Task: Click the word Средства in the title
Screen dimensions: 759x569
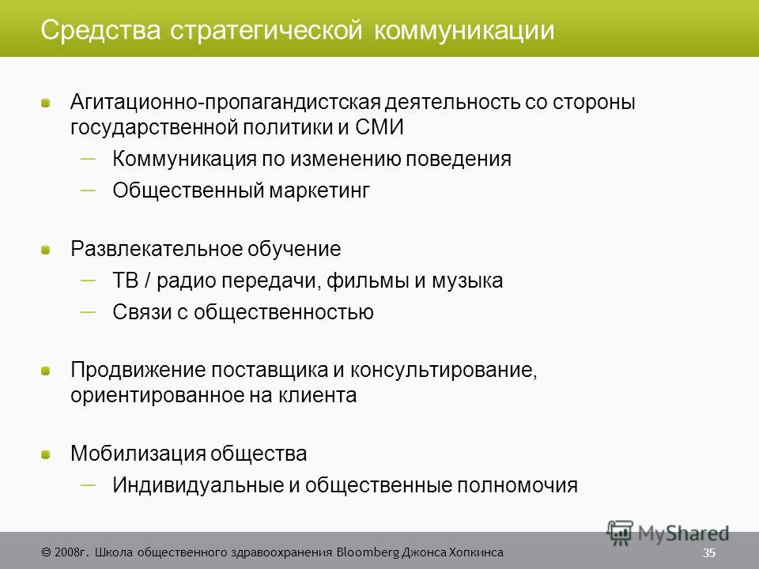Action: [100, 31]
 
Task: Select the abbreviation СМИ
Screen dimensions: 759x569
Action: [379, 127]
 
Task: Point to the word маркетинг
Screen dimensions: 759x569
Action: [319, 191]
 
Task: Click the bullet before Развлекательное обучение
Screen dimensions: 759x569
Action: [46, 251]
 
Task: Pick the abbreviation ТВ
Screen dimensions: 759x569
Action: [126, 281]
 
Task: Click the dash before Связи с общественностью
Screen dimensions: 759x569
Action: [88, 312]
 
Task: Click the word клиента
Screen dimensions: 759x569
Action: [318, 396]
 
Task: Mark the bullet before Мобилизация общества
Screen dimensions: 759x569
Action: [46, 455]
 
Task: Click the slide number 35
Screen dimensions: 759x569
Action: [709, 553]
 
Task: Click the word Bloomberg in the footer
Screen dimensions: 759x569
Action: [368, 552]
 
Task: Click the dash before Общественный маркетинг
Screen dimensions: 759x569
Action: [88, 190]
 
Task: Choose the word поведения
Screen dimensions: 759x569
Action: [458, 160]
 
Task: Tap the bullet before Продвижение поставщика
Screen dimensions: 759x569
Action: [46, 371]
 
